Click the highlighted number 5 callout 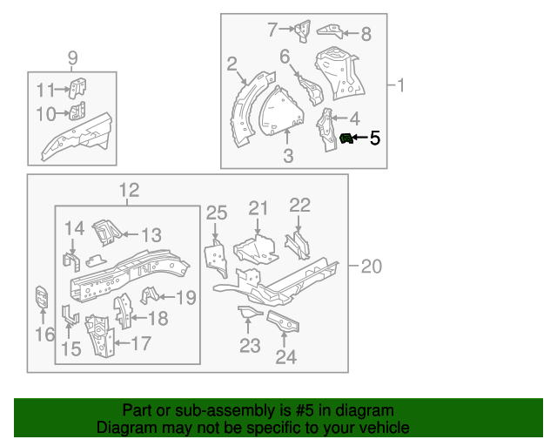(375, 138)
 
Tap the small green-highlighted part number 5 (346, 139)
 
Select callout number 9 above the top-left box (72, 58)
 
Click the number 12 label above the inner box (128, 191)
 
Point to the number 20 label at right (371, 267)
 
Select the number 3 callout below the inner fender (288, 157)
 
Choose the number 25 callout (216, 213)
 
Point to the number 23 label (250, 347)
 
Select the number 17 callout (140, 343)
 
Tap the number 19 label (185, 298)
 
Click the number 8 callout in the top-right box (365, 34)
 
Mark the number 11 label (45, 89)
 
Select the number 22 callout (299, 205)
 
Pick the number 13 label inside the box (151, 234)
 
